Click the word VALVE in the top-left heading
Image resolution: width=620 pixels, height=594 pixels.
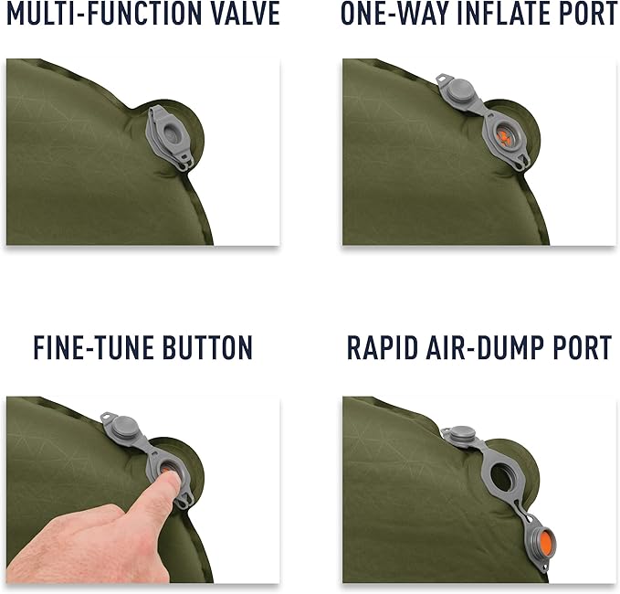coord(245,14)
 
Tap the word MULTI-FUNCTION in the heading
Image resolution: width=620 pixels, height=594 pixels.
coord(104,14)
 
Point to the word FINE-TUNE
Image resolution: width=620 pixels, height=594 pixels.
coord(94,347)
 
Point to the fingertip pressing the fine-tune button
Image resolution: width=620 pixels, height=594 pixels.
coord(171,480)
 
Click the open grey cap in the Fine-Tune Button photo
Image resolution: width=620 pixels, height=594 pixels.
coord(123,427)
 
